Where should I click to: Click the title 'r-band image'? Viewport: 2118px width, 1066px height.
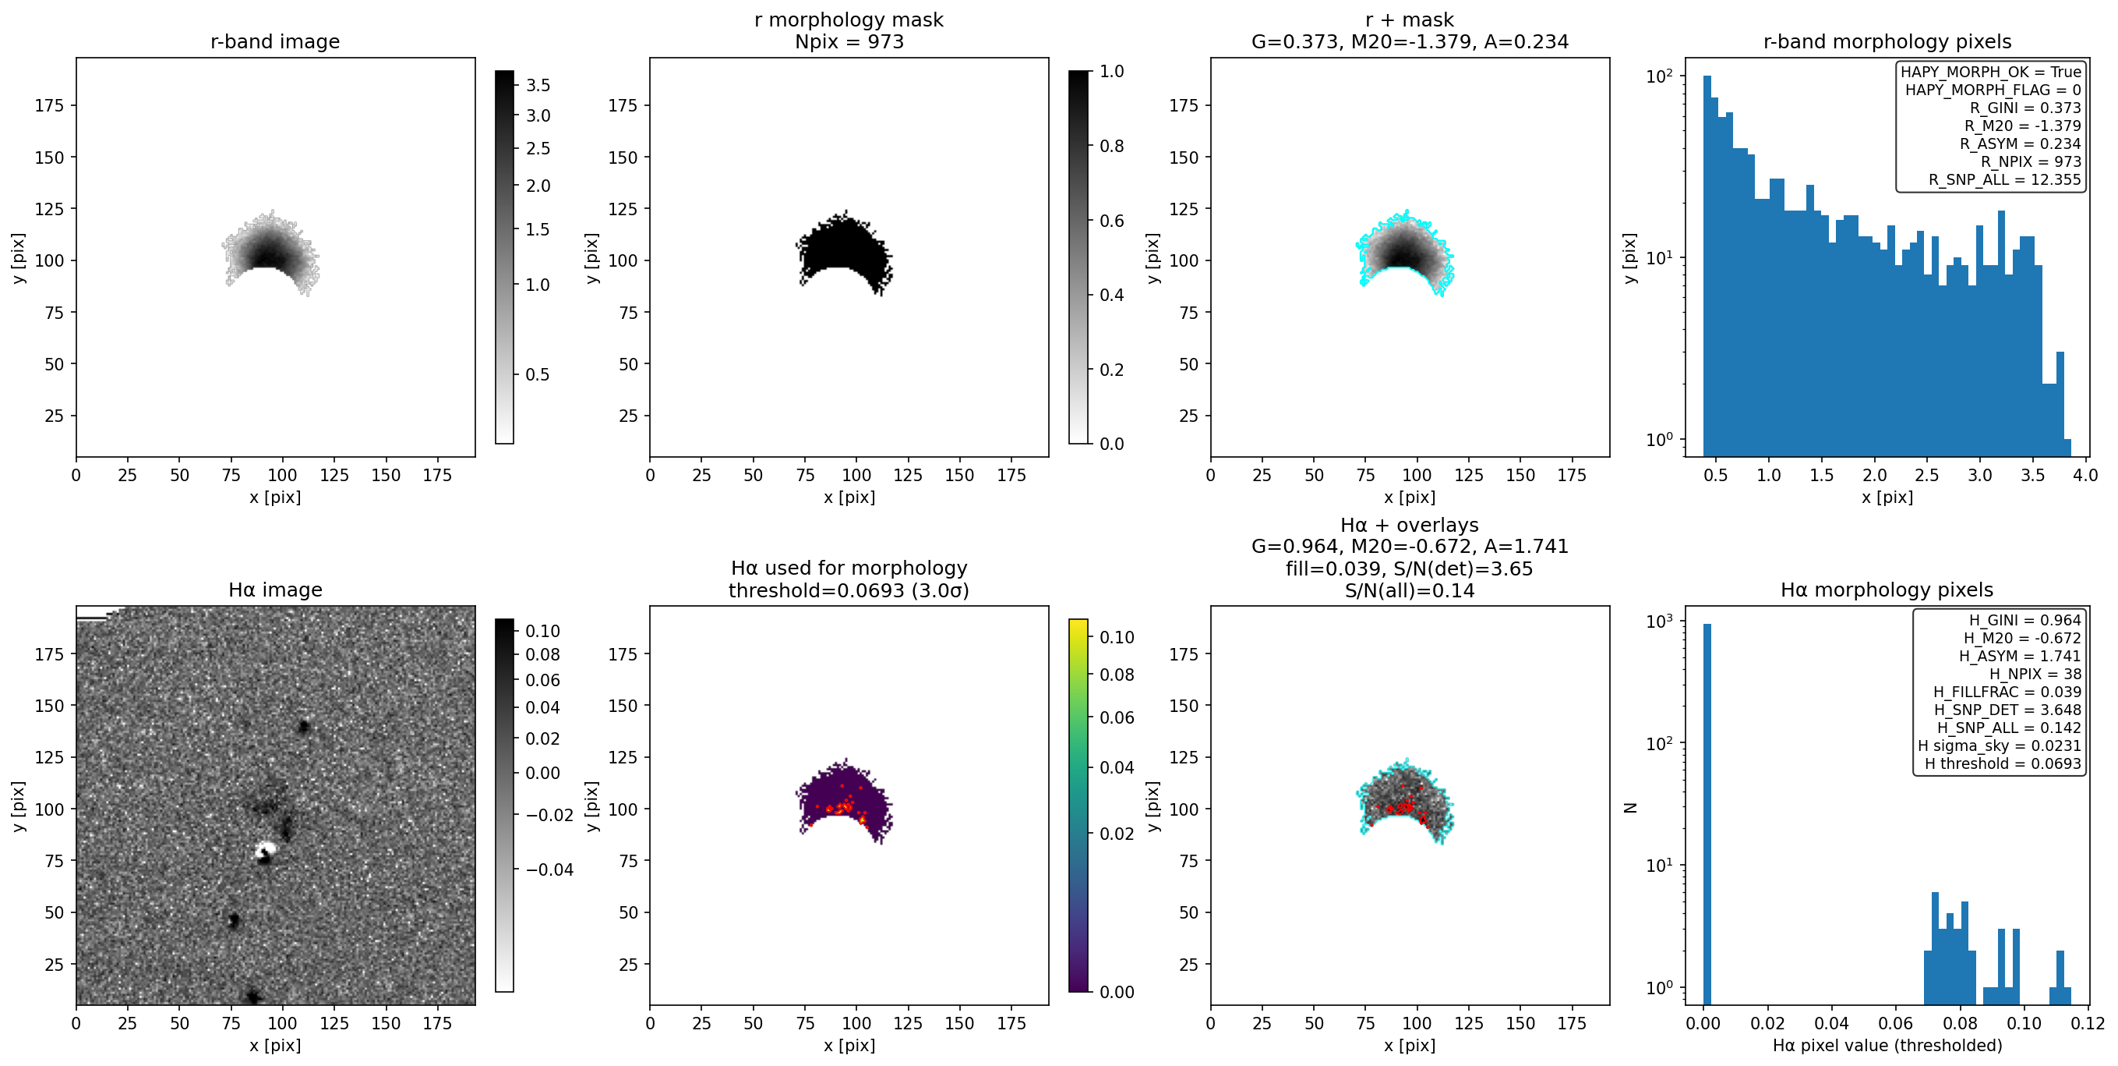tap(274, 41)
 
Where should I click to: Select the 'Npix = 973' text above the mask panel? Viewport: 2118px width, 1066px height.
tap(849, 41)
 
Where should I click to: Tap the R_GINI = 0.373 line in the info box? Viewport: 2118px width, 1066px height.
tap(2025, 108)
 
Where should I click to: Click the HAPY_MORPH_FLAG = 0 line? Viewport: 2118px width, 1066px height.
tap(1993, 90)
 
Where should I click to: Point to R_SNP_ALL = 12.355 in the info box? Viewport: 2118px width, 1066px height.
tap(2004, 179)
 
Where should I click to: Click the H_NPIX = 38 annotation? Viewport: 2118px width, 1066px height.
tap(2035, 675)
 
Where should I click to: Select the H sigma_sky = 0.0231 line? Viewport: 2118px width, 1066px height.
tap(2000, 746)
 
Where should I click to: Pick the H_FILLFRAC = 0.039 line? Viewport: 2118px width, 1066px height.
tap(2007, 692)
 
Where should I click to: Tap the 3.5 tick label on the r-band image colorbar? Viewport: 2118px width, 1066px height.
tap(538, 86)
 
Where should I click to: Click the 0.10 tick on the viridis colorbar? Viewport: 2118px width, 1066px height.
tap(1117, 637)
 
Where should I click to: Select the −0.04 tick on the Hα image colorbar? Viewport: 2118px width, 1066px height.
tap(549, 870)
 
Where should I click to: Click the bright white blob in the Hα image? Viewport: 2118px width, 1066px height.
tap(265, 851)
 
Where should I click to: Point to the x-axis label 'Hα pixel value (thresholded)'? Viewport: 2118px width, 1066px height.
tap(1887, 1046)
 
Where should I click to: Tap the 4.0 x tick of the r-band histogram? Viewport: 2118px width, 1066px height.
tap(2086, 476)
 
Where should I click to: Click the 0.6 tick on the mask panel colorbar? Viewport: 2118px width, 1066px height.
tap(1112, 221)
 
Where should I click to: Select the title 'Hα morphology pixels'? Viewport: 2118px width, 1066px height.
tap(1887, 590)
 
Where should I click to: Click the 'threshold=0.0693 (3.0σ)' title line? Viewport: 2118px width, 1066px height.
tap(849, 590)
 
